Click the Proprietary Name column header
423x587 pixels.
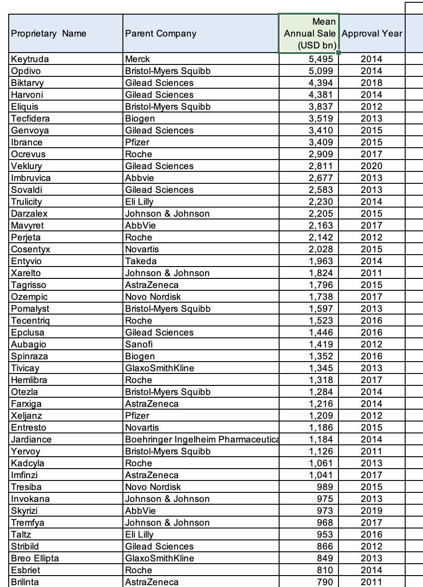tap(48, 33)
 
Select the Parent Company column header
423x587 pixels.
tap(161, 33)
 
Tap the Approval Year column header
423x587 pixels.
tap(371, 33)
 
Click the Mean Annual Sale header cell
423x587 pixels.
tap(309, 33)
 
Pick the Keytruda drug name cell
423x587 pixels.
tap(30, 59)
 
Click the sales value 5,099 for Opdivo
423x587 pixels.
tap(322, 71)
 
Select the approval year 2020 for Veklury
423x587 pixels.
tap(371, 166)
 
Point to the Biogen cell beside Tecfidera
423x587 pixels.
tap(140, 118)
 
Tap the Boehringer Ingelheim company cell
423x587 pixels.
tap(201, 439)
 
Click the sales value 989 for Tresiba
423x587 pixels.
tap(325, 487)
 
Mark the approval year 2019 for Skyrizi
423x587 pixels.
tap(371, 511)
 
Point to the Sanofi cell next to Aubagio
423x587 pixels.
tap(139, 344)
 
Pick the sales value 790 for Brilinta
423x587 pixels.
tap(325, 582)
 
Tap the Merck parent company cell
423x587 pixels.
tap(137, 59)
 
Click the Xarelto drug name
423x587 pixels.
tap(26, 273)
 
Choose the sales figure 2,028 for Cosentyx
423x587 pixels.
tap(322, 249)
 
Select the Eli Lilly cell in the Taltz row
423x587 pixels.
tap(139, 534)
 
